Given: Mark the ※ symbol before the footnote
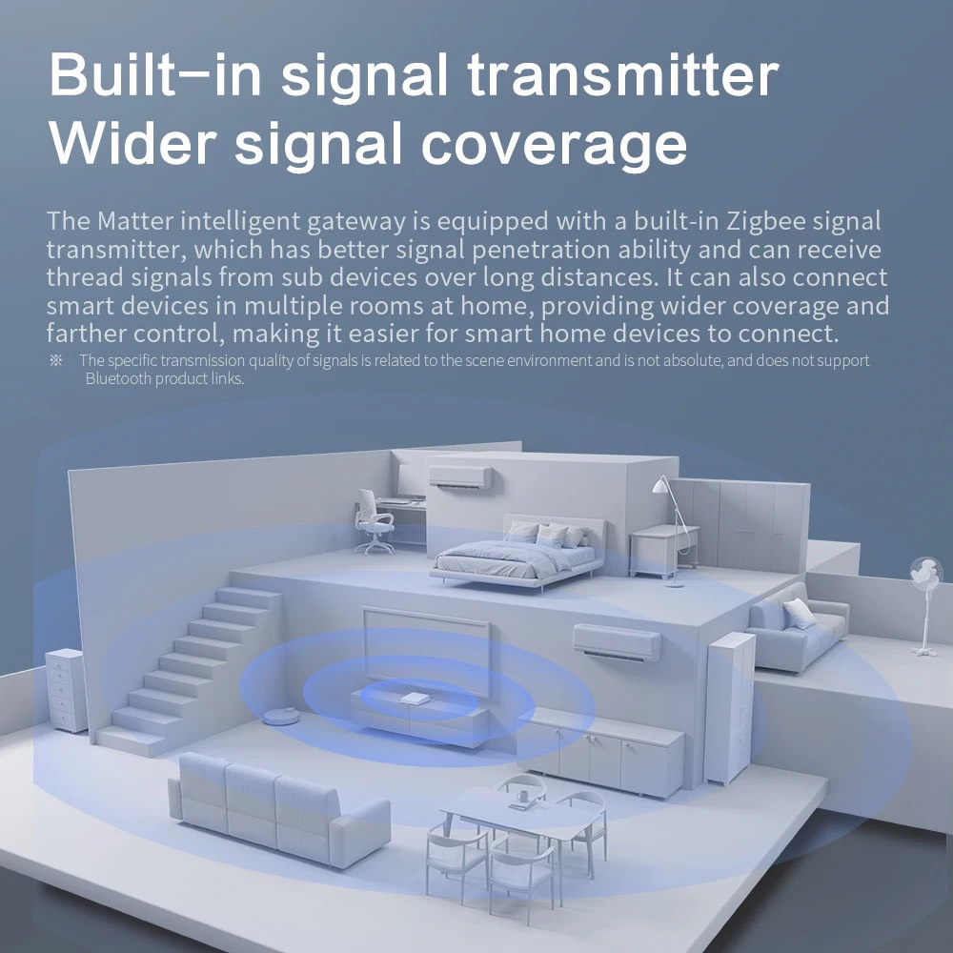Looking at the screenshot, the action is (55, 360).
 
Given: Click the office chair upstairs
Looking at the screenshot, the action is (373, 521).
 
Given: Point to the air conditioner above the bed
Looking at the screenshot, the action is (460, 476).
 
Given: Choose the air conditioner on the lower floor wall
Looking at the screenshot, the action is (616, 641).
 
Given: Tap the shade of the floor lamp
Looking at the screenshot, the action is (661, 485).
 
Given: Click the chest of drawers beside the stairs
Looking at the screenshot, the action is (67, 688).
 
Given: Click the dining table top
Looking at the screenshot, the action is (522, 817).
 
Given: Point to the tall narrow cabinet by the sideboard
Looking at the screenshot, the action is (729, 705).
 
